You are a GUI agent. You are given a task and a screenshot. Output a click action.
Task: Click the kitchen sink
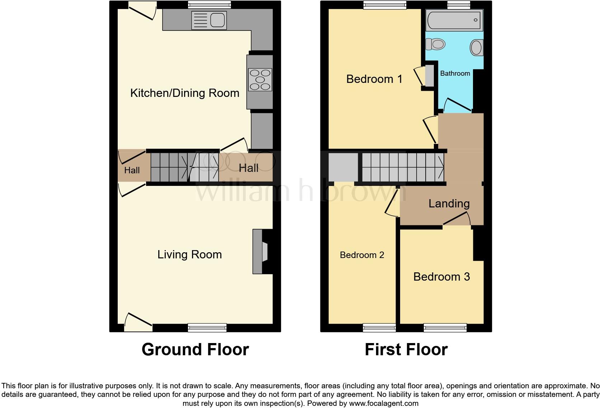tap(209, 20)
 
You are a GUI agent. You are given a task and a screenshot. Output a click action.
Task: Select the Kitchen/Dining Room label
tap(184, 93)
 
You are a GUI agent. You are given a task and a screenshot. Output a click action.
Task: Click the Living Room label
tap(189, 255)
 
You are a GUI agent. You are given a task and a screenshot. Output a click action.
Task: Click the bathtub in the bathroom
tap(454, 20)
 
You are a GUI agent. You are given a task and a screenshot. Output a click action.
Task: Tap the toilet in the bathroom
tap(435, 44)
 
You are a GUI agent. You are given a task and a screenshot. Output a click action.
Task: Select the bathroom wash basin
tap(477, 47)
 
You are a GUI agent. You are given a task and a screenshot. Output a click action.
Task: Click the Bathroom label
tap(455, 74)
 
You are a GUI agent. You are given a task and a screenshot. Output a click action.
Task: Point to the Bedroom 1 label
tap(374, 79)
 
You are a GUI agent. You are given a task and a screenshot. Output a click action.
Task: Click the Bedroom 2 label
tap(362, 255)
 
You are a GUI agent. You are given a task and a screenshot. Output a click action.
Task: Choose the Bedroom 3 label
tap(441, 277)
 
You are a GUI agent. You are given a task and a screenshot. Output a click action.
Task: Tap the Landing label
tap(449, 204)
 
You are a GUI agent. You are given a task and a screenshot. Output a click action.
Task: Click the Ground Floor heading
tap(195, 350)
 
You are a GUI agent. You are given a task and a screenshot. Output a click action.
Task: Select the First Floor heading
tap(406, 350)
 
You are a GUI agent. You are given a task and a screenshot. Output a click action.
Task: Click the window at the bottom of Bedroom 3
tap(445, 327)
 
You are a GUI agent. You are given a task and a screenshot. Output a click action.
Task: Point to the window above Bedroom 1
tap(384, 5)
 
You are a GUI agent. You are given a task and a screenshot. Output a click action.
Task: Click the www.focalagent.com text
tap(384, 403)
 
